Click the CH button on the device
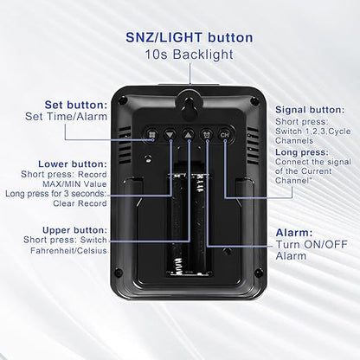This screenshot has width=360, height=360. click(224, 135)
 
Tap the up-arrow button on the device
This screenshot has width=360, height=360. click(188, 135)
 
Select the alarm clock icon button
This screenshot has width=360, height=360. click(207, 135)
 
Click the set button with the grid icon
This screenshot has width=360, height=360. click(152, 135)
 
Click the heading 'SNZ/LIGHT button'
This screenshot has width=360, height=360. click(190, 38)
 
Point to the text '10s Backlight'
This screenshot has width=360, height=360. click(189, 55)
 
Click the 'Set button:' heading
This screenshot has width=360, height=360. click(76, 105)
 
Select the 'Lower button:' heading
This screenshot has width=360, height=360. click(73, 164)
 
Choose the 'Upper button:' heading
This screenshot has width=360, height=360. click(74, 230)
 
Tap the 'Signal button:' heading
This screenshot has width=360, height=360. click(310, 110)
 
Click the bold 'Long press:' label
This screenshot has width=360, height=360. click(302, 152)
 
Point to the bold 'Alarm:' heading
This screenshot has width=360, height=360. click(294, 233)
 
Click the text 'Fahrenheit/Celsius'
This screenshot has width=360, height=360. click(68, 250)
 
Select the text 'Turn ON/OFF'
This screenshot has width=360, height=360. click(312, 245)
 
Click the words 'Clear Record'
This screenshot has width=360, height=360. click(80, 203)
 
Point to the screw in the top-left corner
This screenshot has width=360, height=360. click(123, 100)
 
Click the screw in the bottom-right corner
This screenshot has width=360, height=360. click(259, 273)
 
